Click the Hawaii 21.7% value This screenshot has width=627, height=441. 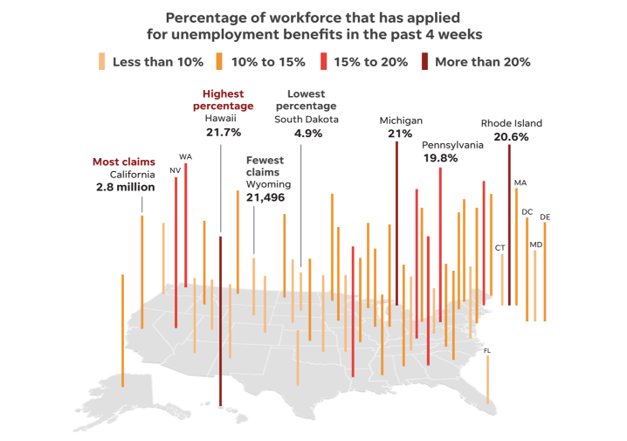click(223, 132)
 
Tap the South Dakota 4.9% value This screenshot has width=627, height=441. click(307, 134)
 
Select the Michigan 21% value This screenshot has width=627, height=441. click(400, 134)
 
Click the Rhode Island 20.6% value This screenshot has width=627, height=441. click(511, 137)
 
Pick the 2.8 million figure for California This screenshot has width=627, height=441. click(126, 187)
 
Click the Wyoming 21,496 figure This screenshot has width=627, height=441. click(265, 198)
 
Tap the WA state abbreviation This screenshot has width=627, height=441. click(185, 157)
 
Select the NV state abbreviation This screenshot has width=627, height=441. click(175, 170)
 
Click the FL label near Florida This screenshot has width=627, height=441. click(487, 350)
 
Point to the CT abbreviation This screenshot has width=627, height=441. click(500, 248)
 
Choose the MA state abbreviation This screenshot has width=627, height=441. click(520, 183)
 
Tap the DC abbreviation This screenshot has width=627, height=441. click(527, 211)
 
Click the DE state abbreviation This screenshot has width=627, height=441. click(545, 217)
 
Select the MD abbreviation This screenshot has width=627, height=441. click(536, 245)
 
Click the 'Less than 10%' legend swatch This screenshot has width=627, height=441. click(101, 62)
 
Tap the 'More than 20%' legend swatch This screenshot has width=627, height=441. click(424, 62)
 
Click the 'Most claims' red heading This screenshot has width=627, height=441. click(124, 162)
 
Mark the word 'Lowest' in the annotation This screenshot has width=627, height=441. click(306, 93)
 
